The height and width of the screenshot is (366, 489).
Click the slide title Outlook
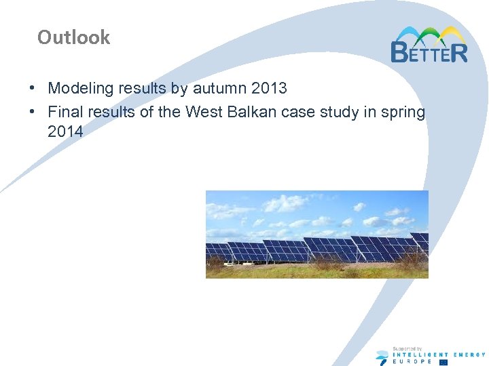click(73, 37)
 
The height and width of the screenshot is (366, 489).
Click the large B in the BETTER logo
click(401, 51)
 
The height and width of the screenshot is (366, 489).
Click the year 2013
click(268, 88)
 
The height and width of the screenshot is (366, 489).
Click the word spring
click(402, 112)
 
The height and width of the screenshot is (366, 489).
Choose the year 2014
click(65, 131)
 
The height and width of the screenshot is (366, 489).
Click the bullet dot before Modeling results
click(33, 89)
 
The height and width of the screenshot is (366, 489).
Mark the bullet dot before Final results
click(33, 113)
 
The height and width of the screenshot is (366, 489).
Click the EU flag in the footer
click(443, 362)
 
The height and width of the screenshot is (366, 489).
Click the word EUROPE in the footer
click(412, 361)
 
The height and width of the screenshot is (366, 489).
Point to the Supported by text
click(407, 348)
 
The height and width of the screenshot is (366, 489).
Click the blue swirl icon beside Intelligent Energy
click(382, 357)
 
